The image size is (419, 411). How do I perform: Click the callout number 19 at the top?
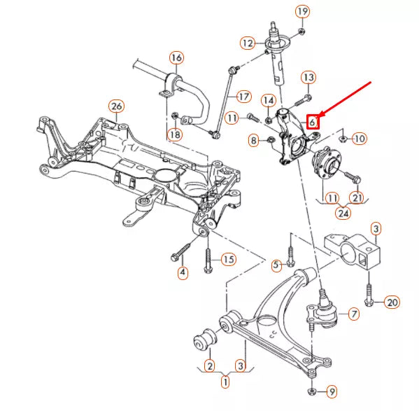click(x=302, y=12)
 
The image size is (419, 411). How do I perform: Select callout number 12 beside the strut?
click(x=248, y=43)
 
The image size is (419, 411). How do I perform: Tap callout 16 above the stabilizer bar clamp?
click(x=177, y=57)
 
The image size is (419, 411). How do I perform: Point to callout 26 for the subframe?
click(x=117, y=106)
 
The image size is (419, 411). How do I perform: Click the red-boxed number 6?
click(x=313, y=122)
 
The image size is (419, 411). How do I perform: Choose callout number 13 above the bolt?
click(x=308, y=78)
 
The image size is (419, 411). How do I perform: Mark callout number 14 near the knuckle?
click(x=269, y=101)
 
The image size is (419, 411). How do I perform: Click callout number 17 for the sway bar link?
click(x=243, y=97)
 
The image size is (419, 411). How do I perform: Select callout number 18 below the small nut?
click(x=175, y=134)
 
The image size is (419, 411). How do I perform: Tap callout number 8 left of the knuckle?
click(x=254, y=141)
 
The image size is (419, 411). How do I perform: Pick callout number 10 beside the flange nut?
click(x=360, y=139)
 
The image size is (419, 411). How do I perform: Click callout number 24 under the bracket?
click(x=343, y=214)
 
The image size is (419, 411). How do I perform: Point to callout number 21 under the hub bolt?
click(x=357, y=198)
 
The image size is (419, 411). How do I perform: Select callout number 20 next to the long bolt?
click(x=392, y=302)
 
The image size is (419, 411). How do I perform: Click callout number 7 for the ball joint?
click(x=354, y=314)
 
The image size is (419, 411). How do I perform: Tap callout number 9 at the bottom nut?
click(x=332, y=392)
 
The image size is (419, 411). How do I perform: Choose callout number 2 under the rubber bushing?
click(x=210, y=366)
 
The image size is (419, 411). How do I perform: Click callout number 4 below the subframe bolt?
click(x=183, y=272)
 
